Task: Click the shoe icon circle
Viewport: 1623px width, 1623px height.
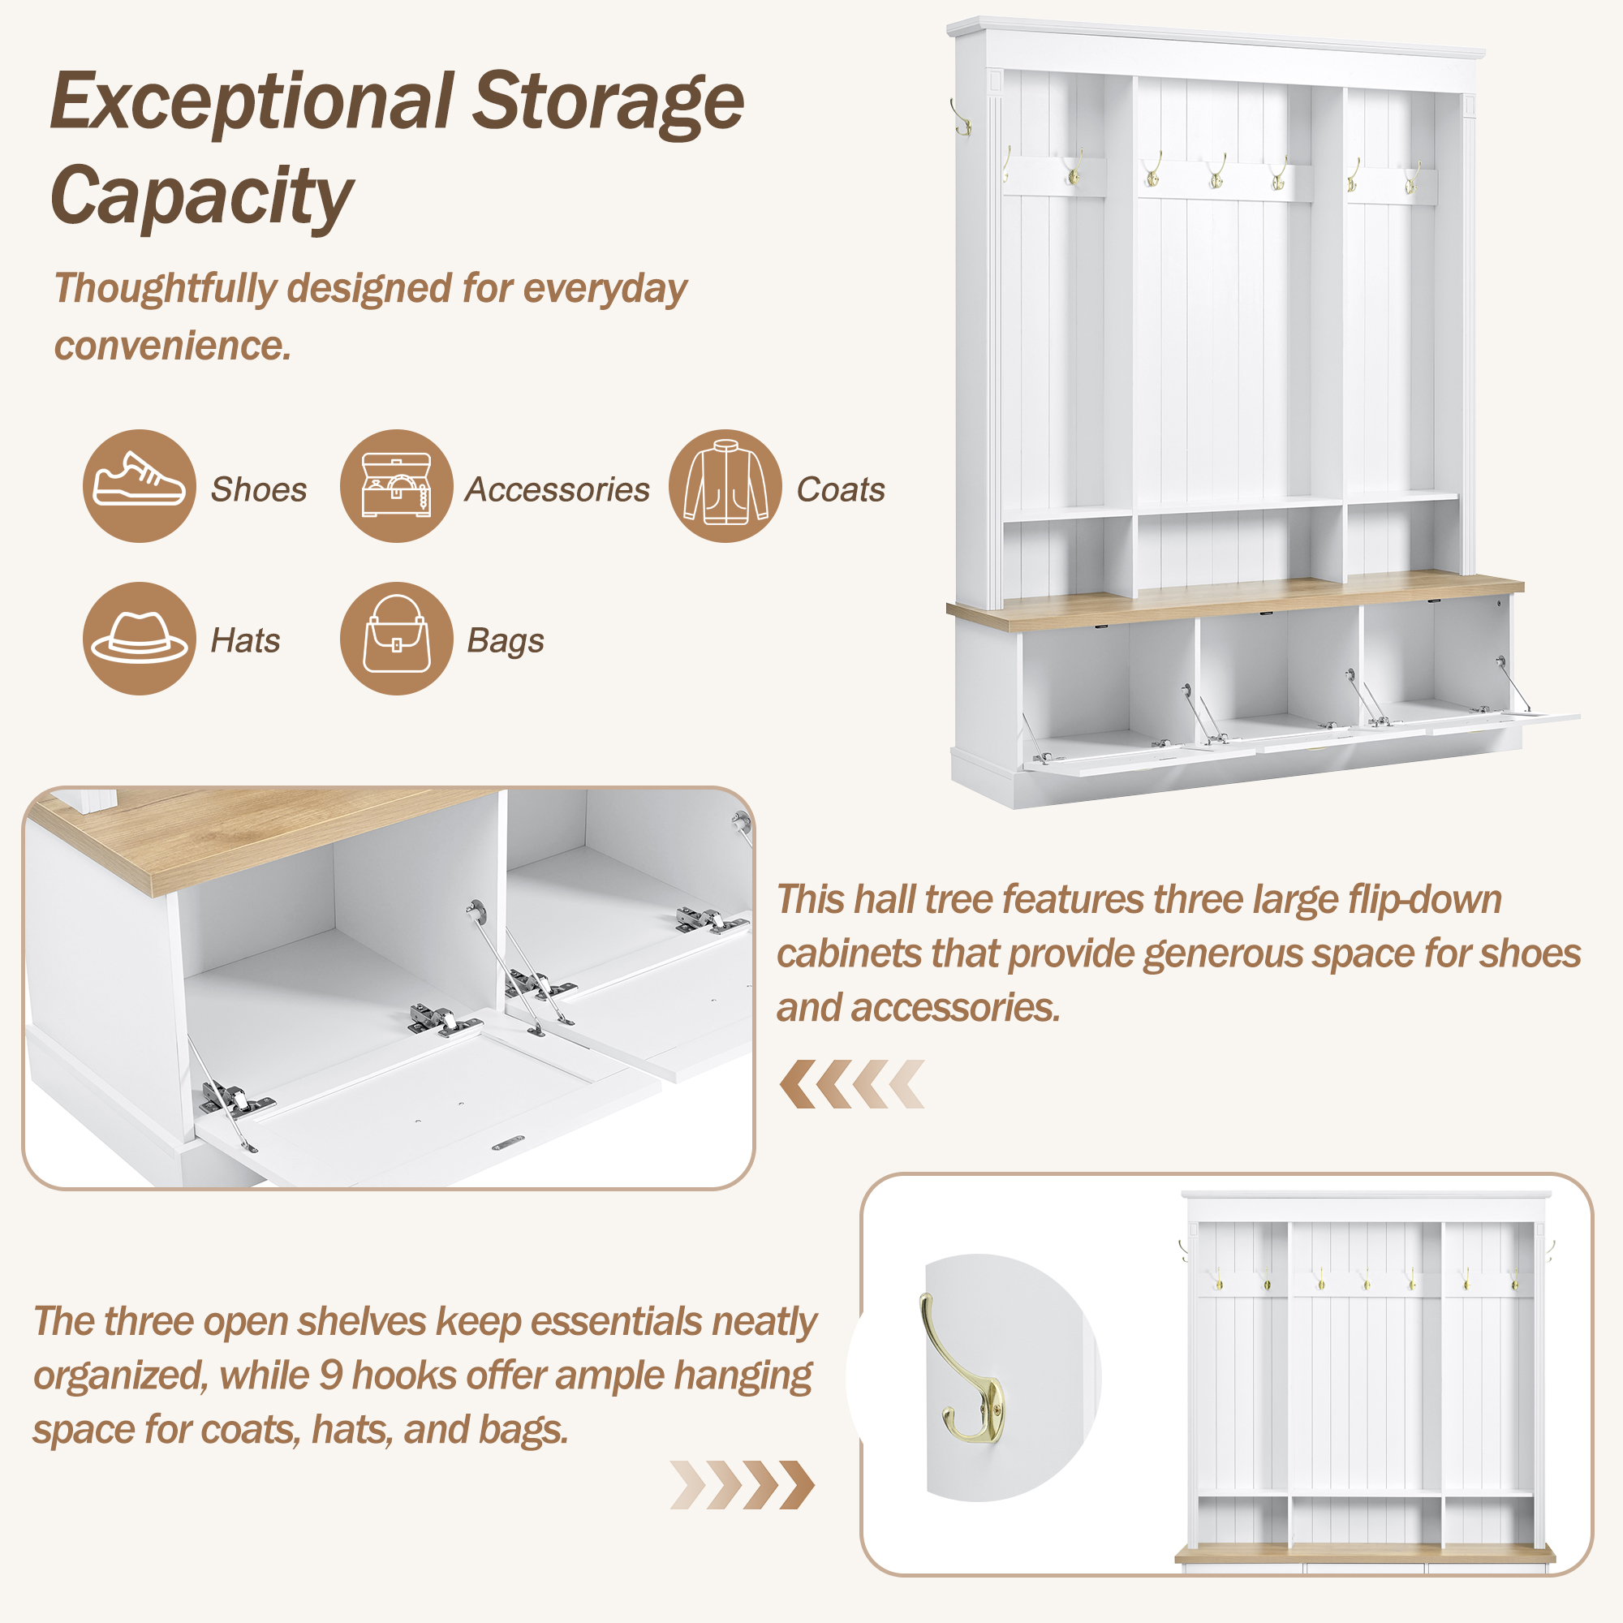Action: point(140,485)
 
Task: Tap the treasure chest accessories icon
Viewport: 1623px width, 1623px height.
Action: point(397,485)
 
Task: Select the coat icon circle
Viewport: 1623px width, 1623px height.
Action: point(725,485)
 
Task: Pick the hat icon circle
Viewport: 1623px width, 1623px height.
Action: point(140,639)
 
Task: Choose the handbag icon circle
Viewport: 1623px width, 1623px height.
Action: point(397,639)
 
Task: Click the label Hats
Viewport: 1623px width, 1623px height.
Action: point(245,640)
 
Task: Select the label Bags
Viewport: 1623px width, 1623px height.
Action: point(506,642)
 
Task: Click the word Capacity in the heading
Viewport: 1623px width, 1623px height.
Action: point(201,196)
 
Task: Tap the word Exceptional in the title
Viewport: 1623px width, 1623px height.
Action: point(252,101)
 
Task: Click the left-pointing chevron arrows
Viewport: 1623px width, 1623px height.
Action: point(852,1083)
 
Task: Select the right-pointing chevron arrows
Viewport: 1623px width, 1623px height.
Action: point(743,1484)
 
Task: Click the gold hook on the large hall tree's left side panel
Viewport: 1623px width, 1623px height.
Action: point(961,117)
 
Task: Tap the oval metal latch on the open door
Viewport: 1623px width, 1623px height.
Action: point(508,1143)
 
